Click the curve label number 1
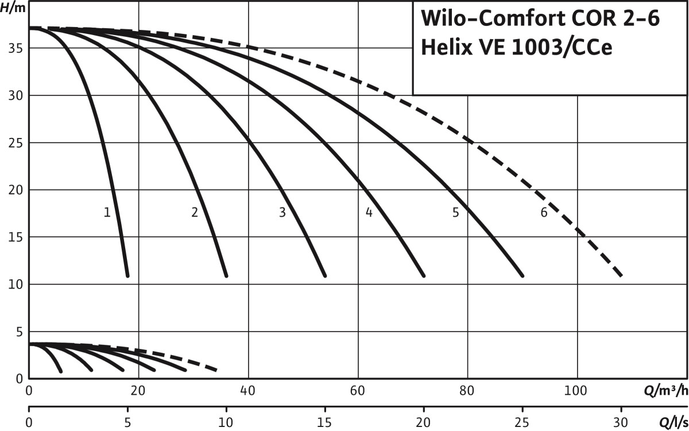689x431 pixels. pyautogui.click(x=107, y=213)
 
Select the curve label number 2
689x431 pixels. pyautogui.click(x=195, y=213)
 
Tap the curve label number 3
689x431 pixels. pyautogui.click(x=282, y=213)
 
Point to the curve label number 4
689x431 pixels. pyautogui.click(x=369, y=213)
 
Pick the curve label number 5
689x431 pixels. pyautogui.click(x=456, y=213)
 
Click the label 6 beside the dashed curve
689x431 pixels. pyautogui.click(x=544, y=213)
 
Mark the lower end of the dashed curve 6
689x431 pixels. pyautogui.click(x=621, y=276)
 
